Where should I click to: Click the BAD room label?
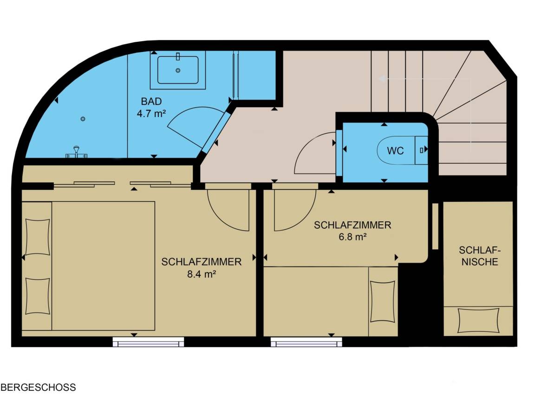click(x=151, y=101)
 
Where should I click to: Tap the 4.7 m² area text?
click(x=151, y=113)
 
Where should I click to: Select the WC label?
click(x=395, y=151)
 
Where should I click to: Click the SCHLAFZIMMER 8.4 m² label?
click(x=201, y=268)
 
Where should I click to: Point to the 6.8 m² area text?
click(x=352, y=237)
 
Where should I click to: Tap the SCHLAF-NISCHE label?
click(x=479, y=256)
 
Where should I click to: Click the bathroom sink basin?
click(x=178, y=70)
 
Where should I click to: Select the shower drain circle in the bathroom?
click(x=83, y=119)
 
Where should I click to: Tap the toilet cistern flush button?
click(x=422, y=150)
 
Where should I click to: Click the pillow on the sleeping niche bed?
click(x=478, y=320)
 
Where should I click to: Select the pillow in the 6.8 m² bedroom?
click(x=383, y=301)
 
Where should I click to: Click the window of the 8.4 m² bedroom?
click(x=149, y=342)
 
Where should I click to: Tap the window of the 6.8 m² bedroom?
click(x=307, y=342)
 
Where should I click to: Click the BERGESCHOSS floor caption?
click(x=38, y=388)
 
